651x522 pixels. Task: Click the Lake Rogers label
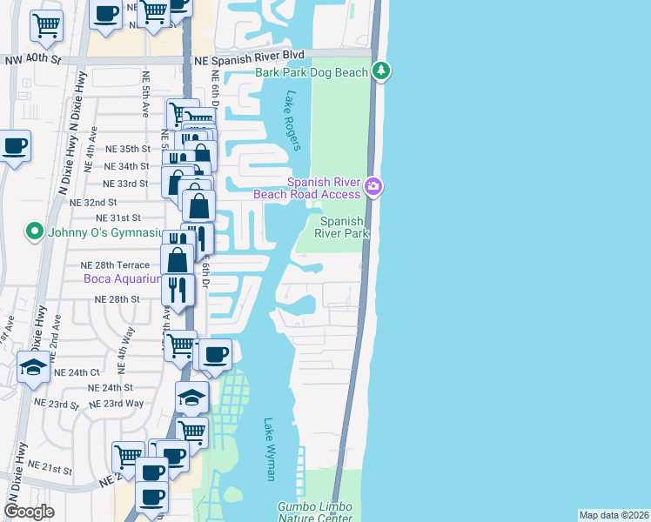coord(291,121)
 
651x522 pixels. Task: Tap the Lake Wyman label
coord(270,449)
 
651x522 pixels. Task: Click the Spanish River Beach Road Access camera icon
coord(373,185)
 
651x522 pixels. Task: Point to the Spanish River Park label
coord(340,227)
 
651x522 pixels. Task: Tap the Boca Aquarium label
coord(122,279)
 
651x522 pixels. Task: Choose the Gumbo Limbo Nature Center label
coord(320,512)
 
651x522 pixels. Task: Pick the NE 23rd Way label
coord(123,403)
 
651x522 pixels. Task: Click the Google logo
coord(30,511)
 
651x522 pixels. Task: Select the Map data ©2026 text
coord(614,514)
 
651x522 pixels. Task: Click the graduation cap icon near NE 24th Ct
coord(34,366)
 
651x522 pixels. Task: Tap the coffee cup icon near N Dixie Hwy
coord(14,145)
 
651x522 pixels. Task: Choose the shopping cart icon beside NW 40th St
coord(46,25)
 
